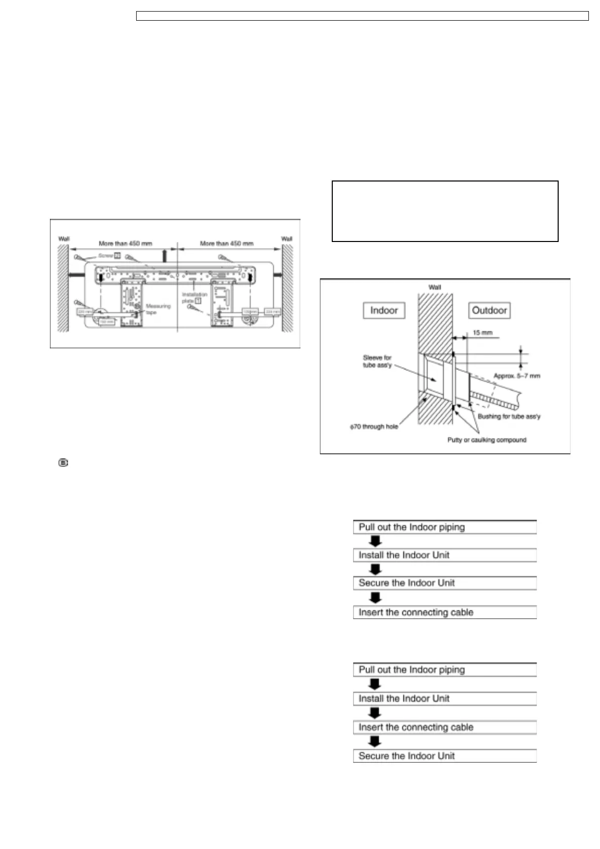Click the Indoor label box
click(x=384, y=311)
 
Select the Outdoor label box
click(x=489, y=311)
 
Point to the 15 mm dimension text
click(x=483, y=333)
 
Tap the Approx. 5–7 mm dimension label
click(x=516, y=376)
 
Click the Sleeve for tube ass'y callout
click(x=377, y=361)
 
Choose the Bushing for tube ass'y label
click(x=509, y=416)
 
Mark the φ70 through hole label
click(x=374, y=427)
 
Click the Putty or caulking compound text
click(x=487, y=440)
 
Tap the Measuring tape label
click(x=158, y=309)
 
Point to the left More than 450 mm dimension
click(x=125, y=244)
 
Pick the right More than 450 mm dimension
click(x=226, y=244)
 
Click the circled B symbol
click(x=64, y=462)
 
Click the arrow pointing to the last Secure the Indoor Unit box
click(x=375, y=742)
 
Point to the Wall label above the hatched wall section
click(x=435, y=287)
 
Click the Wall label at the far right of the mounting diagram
click(x=286, y=239)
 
